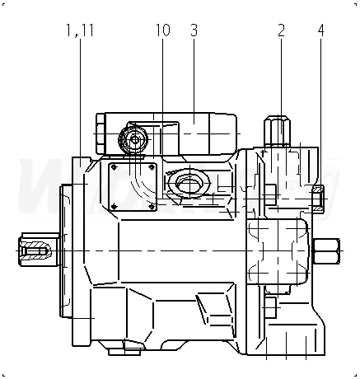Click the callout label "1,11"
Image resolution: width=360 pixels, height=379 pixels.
(x=80, y=30)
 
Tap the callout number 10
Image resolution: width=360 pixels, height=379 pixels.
(x=163, y=30)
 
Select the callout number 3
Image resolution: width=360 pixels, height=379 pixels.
(x=194, y=30)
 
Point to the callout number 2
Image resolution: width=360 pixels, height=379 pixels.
(x=281, y=30)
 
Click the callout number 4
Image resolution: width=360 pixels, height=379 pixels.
(x=320, y=30)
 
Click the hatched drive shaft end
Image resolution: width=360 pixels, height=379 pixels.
(x=39, y=250)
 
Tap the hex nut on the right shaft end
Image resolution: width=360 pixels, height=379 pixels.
(x=326, y=251)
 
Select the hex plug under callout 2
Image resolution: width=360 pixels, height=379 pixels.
(x=278, y=130)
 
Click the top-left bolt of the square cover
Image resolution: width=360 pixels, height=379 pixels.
(x=114, y=166)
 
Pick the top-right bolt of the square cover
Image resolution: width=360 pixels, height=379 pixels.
(x=152, y=166)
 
